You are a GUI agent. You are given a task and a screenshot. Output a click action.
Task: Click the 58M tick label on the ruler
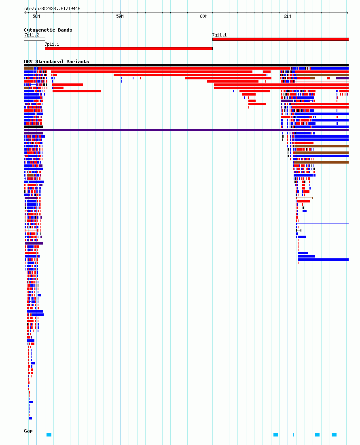coord(36,17)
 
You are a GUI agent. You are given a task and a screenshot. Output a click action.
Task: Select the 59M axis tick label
coord(120,17)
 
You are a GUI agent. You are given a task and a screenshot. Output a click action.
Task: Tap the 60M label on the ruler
coord(203,17)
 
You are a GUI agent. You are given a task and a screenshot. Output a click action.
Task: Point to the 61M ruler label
coord(287,17)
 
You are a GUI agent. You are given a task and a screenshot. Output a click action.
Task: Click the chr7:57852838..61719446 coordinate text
coord(53,9)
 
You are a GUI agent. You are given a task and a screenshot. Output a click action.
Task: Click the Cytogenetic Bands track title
coord(48,30)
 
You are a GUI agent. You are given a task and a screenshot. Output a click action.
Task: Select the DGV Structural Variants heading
coord(56,62)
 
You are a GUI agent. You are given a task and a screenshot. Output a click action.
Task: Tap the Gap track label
coord(28,431)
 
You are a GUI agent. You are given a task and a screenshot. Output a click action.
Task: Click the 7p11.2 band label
coord(32,35)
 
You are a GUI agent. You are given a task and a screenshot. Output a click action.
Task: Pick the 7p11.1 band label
coord(52,45)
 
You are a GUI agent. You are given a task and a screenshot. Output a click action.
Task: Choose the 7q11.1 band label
coord(219,35)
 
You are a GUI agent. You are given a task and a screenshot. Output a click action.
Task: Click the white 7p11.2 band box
coord(34,39)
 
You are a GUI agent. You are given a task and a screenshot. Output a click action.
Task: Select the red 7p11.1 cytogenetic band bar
coord(129,49)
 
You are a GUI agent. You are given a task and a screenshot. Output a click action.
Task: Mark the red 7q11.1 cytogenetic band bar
coord(280,39)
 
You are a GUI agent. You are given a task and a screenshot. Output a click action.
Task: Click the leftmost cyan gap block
coord(49,435)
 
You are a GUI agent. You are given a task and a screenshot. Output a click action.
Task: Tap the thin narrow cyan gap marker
coord(293,435)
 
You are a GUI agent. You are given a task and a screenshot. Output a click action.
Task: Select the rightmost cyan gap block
coord(334,435)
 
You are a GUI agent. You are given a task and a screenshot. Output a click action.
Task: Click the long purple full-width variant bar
coord(186,130)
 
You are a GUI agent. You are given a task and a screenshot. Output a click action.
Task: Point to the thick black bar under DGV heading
coord(186,65)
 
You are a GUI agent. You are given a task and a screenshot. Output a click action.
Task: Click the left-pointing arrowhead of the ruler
coord(25,13)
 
